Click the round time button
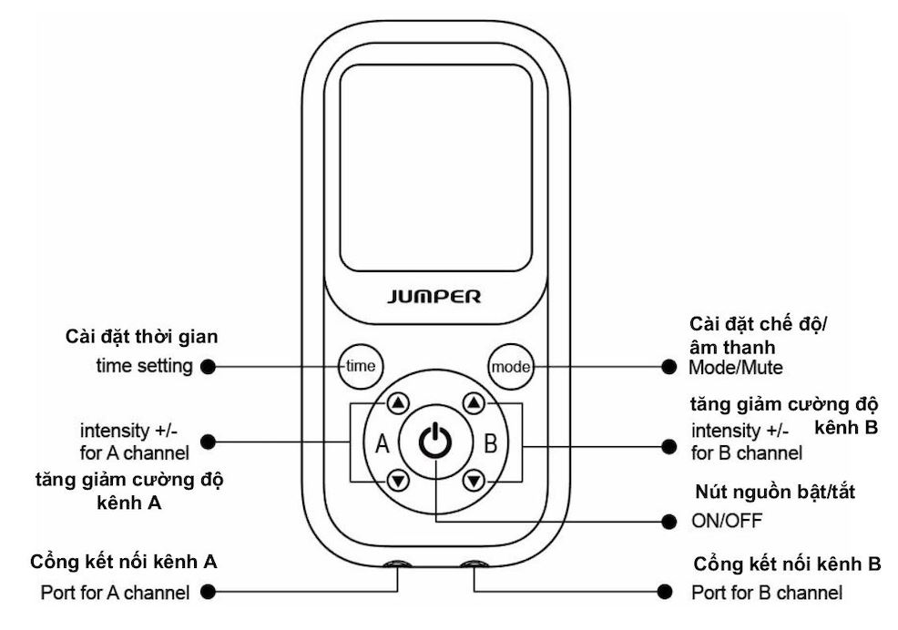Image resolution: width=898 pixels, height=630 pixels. point(359,366)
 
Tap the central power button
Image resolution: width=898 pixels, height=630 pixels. point(435,442)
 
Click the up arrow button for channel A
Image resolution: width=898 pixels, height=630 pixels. point(398,404)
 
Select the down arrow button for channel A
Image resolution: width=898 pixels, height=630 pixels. point(398,480)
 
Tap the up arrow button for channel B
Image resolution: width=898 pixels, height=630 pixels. point(473,404)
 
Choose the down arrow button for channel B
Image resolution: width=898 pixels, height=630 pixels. point(473,480)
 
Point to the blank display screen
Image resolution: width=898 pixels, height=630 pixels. point(435,166)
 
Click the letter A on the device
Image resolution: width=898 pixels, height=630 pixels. point(383,444)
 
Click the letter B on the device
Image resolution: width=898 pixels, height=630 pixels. point(489,444)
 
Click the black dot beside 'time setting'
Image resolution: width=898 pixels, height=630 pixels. point(208,366)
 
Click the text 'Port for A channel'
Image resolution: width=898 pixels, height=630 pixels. point(116,593)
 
